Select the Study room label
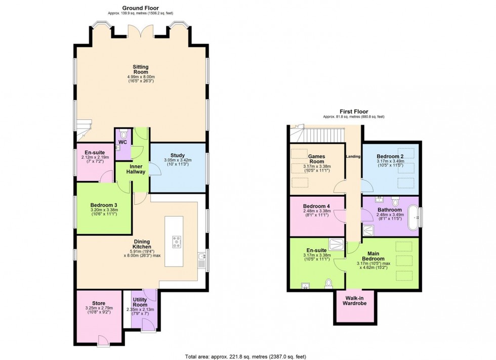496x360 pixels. pos(177,155)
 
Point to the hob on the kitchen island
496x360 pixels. pos(177,242)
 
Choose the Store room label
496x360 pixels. pos(99,303)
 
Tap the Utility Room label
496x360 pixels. pos(140,302)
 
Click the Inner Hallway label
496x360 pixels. pos(136,169)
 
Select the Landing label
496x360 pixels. pos(353,156)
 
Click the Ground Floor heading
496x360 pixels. pos(140,8)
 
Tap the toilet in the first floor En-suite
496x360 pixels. pos(329,282)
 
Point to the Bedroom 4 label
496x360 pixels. pos(316,206)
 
